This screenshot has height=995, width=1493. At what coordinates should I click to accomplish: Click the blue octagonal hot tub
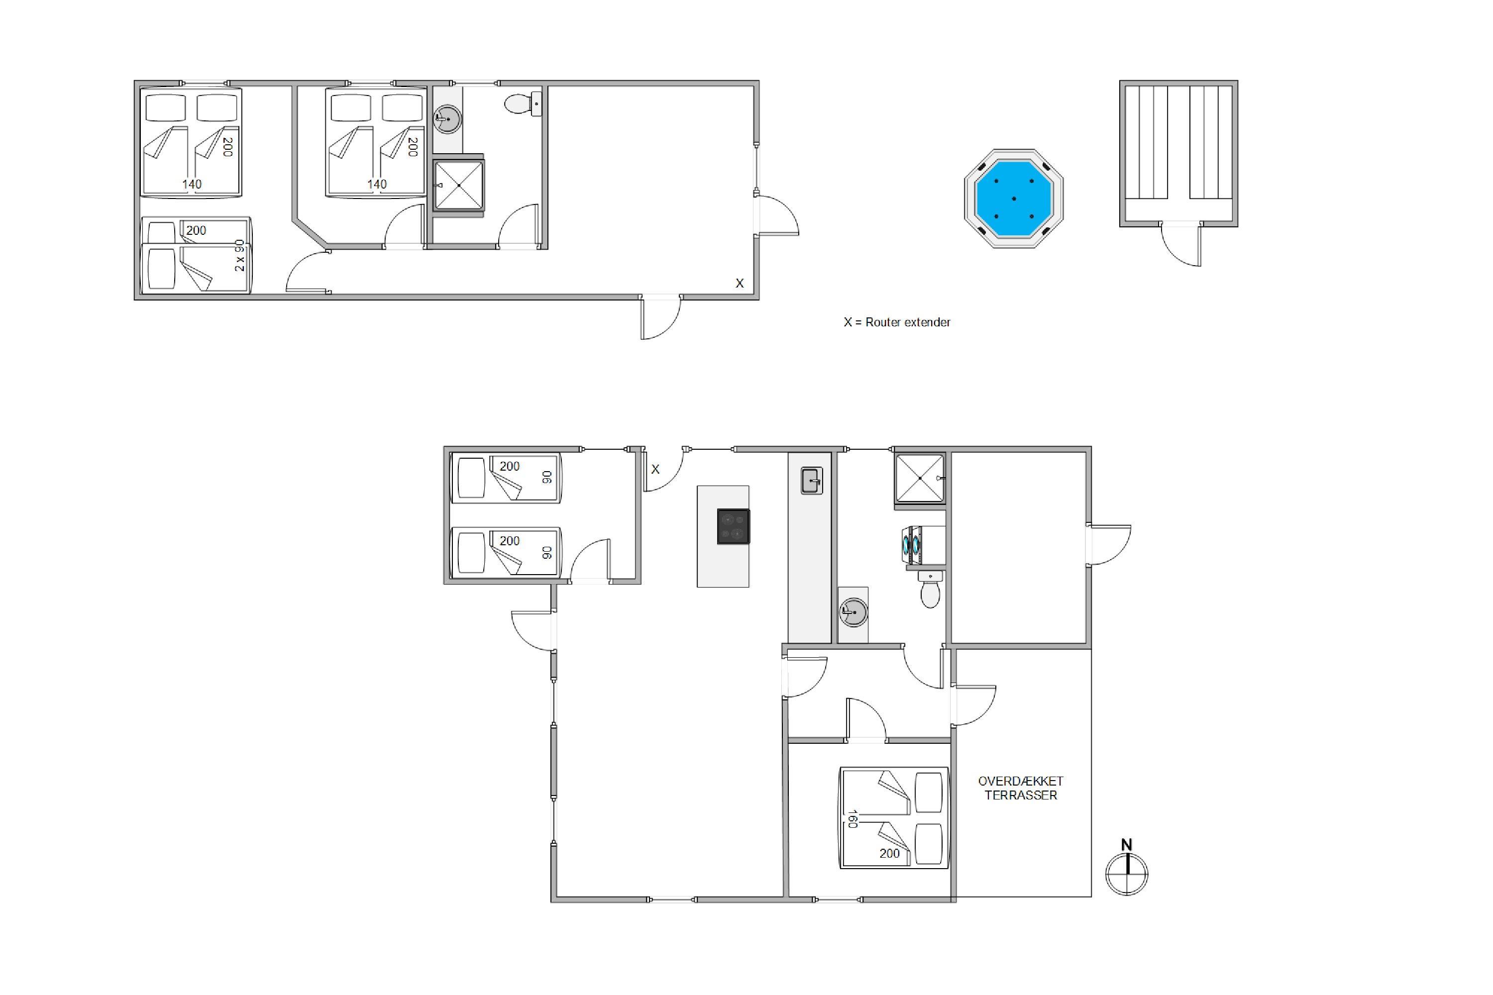(1014, 199)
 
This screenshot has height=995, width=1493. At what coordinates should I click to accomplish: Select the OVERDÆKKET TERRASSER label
(1021, 788)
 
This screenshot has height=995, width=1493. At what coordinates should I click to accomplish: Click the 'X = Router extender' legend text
(897, 322)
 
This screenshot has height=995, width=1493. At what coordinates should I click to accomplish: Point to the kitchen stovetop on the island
(733, 527)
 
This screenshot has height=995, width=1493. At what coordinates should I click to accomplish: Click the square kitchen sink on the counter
(812, 481)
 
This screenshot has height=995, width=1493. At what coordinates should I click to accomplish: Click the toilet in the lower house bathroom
(931, 590)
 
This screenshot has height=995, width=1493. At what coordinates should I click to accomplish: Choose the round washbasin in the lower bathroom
(853, 613)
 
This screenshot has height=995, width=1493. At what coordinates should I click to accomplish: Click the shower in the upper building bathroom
(458, 185)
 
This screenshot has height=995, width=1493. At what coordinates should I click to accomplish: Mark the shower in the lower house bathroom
(920, 478)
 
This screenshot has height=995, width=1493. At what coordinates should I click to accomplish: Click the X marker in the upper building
(740, 284)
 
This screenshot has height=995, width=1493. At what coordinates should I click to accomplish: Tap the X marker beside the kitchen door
(655, 470)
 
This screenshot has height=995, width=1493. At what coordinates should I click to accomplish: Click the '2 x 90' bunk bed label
(239, 256)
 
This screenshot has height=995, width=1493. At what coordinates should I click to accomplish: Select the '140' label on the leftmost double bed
(192, 184)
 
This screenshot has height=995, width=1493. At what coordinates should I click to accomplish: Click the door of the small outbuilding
(1181, 245)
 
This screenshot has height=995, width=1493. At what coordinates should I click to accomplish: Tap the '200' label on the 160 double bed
(889, 854)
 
